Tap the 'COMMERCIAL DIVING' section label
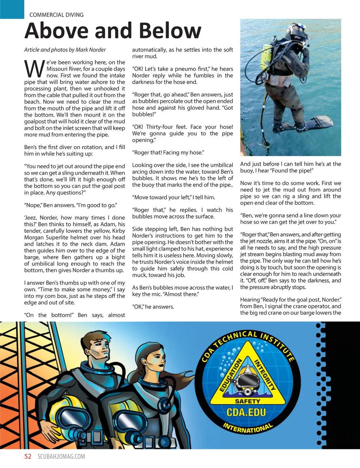tap(57, 15)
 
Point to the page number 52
tap(28, 456)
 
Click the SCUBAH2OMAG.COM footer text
tap(61, 457)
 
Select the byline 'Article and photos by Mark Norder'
tap(65, 50)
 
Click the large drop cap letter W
tap(34, 69)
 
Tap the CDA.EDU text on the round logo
tap(246, 412)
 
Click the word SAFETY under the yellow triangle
tap(247, 401)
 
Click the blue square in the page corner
tap(12, 9)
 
